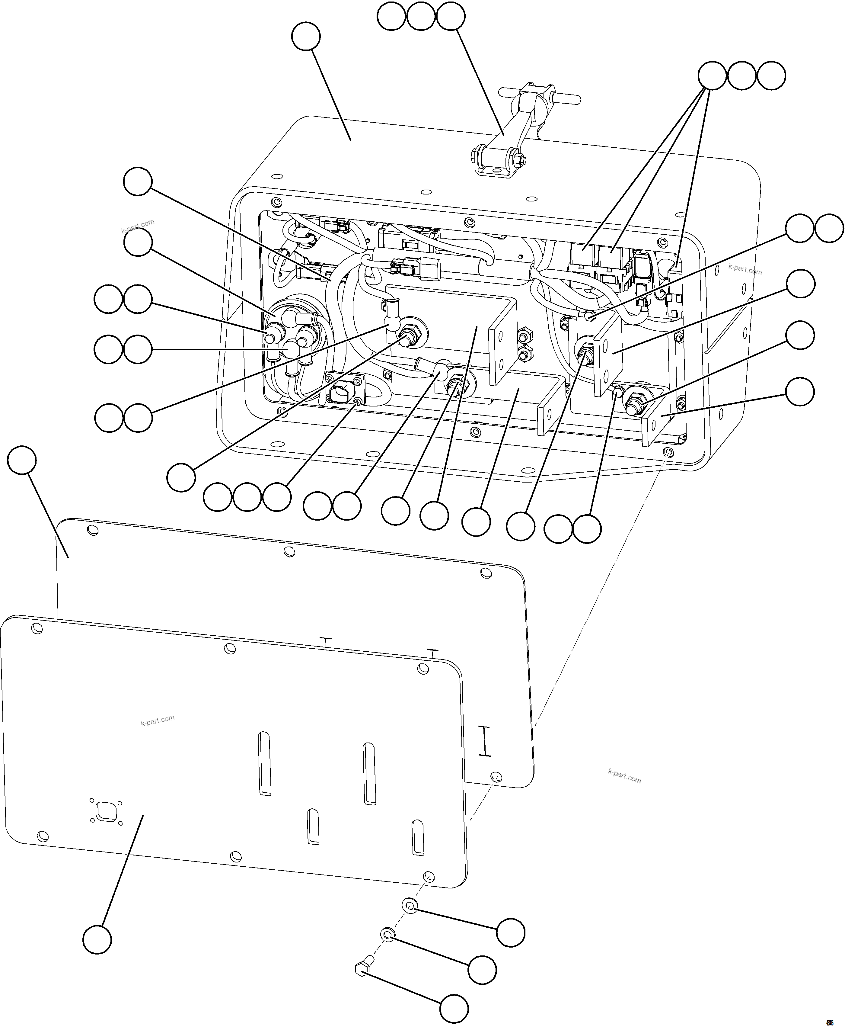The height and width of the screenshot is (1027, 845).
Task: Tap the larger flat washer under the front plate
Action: [409, 906]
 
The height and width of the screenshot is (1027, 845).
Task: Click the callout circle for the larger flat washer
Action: [511, 932]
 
